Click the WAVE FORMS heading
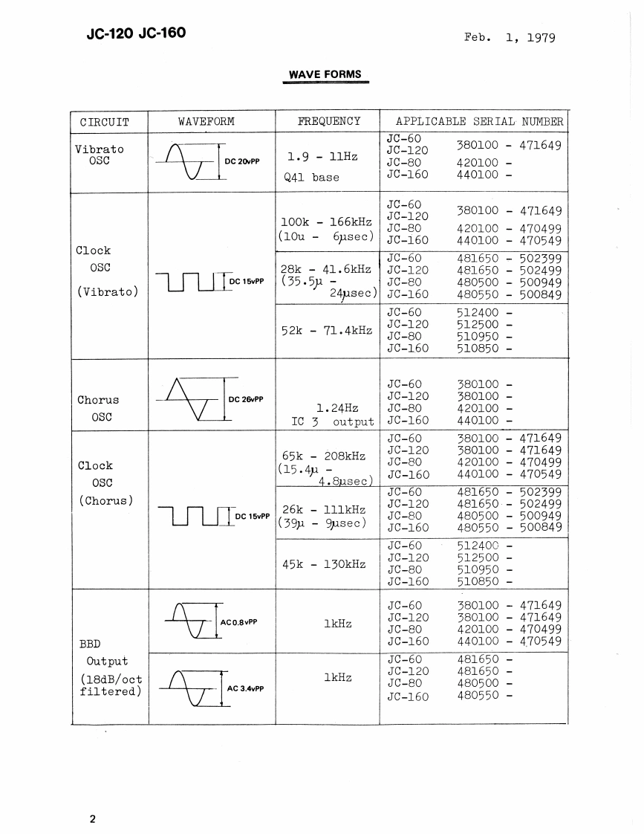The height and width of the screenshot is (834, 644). tap(325, 74)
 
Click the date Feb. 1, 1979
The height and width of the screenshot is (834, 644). tap(510, 38)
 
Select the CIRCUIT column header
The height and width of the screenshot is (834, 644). tap(104, 122)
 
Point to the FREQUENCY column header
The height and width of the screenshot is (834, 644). tap(328, 121)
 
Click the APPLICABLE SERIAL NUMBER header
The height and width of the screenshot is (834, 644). tap(479, 121)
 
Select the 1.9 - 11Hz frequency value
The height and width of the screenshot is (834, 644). tap(322, 157)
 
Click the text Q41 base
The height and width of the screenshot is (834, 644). tap(311, 177)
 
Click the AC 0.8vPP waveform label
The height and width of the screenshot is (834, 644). tap(238, 621)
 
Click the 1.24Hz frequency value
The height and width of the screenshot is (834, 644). tap(337, 408)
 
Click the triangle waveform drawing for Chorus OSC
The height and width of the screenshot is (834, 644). tap(189, 399)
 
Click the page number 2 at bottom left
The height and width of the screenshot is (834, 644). tap(93, 820)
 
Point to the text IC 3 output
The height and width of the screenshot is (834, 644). tap(333, 422)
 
